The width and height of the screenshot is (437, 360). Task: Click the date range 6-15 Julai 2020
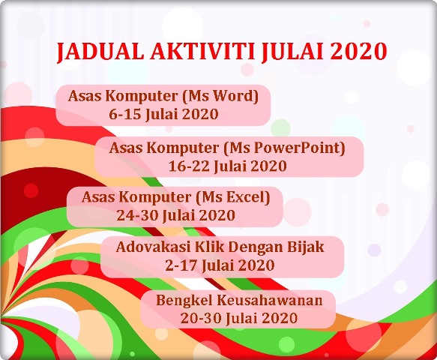(163, 115)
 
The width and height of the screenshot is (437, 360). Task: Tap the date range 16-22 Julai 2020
(229, 165)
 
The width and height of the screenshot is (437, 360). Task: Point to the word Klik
(197, 247)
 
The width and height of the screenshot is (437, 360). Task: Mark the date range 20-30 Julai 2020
(239, 318)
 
